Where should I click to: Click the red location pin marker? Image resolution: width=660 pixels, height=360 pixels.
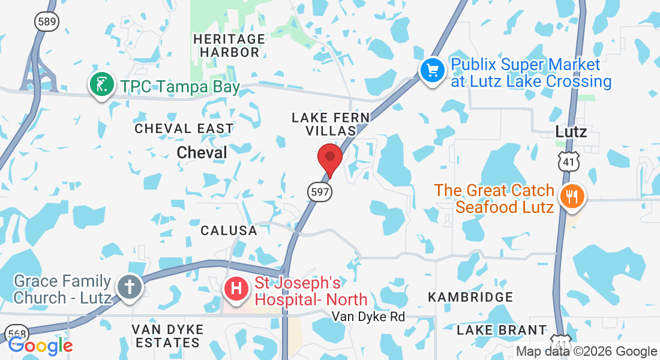(x=329, y=158)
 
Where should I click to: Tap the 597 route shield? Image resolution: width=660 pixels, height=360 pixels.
(x=319, y=192)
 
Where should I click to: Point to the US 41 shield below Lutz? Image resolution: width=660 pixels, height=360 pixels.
(x=566, y=161)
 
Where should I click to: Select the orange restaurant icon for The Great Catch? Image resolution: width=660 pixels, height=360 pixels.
(x=571, y=196)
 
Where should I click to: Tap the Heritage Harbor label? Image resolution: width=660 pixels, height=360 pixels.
(x=229, y=46)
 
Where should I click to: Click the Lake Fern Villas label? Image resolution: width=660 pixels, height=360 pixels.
(x=330, y=124)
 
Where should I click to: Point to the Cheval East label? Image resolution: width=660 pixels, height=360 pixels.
(x=184, y=128)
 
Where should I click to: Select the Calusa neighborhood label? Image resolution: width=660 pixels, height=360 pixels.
(x=229, y=230)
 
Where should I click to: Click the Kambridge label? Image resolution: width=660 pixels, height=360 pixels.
(x=470, y=297)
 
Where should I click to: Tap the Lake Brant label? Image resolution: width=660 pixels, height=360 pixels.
(x=502, y=330)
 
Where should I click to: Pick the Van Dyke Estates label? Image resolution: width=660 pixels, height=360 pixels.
(x=167, y=336)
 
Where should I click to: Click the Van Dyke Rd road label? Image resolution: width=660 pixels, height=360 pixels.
(x=368, y=316)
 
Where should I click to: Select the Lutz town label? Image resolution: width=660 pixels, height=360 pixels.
(x=571, y=131)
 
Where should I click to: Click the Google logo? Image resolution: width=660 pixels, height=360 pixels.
(x=40, y=346)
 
